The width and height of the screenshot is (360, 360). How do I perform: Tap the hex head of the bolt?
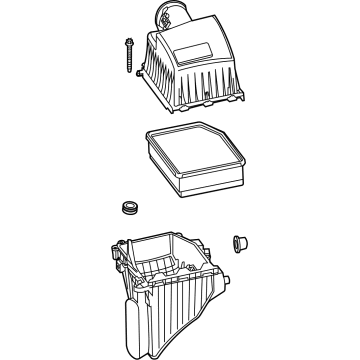(131, 41)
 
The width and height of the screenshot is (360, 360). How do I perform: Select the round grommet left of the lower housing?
(127, 207)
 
